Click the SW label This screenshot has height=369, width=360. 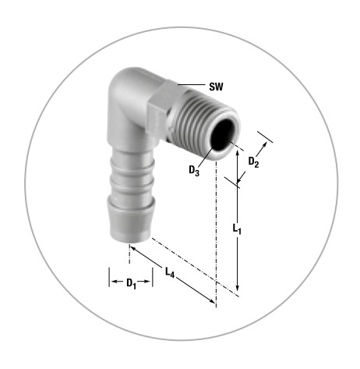coord(216,87)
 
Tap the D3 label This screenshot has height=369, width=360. coord(194,171)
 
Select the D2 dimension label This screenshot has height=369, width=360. coord(253,162)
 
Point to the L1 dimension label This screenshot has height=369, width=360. coord(237,229)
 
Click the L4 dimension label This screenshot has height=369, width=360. coord(170,273)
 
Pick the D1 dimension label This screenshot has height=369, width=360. coord(131,283)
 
